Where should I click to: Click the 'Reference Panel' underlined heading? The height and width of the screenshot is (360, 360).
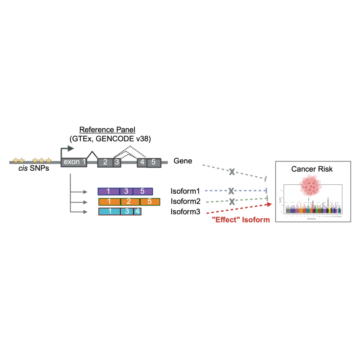coord(109,130)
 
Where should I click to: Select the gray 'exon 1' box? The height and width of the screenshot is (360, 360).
coord(74,162)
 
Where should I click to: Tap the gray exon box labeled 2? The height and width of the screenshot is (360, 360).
coord(105,162)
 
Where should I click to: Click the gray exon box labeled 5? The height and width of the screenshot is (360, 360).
coord(153,162)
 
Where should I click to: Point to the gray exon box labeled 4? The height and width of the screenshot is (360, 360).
coord(142,162)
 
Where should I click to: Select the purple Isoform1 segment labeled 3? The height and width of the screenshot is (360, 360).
coord(127,191)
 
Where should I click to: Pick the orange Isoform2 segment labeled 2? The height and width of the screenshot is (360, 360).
coord(130,202)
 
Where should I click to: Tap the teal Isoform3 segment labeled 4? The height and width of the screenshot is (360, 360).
coord(137,211)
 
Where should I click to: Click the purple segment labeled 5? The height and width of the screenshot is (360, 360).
coord(142,191)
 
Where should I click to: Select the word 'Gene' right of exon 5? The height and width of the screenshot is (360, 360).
coord(183,161)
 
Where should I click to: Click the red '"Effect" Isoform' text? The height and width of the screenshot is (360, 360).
coord(240,220)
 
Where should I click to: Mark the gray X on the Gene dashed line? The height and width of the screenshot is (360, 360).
coord(232,172)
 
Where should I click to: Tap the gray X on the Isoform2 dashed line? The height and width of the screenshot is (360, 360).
coord(232,201)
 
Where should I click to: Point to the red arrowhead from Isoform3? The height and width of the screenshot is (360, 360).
coord(268,204)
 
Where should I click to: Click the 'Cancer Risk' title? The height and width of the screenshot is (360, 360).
coord(312,169)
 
